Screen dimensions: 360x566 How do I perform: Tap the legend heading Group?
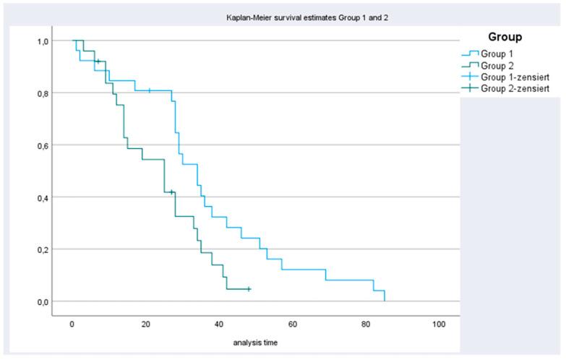pos(505,35)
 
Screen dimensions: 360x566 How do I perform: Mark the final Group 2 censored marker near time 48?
pos(248,289)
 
